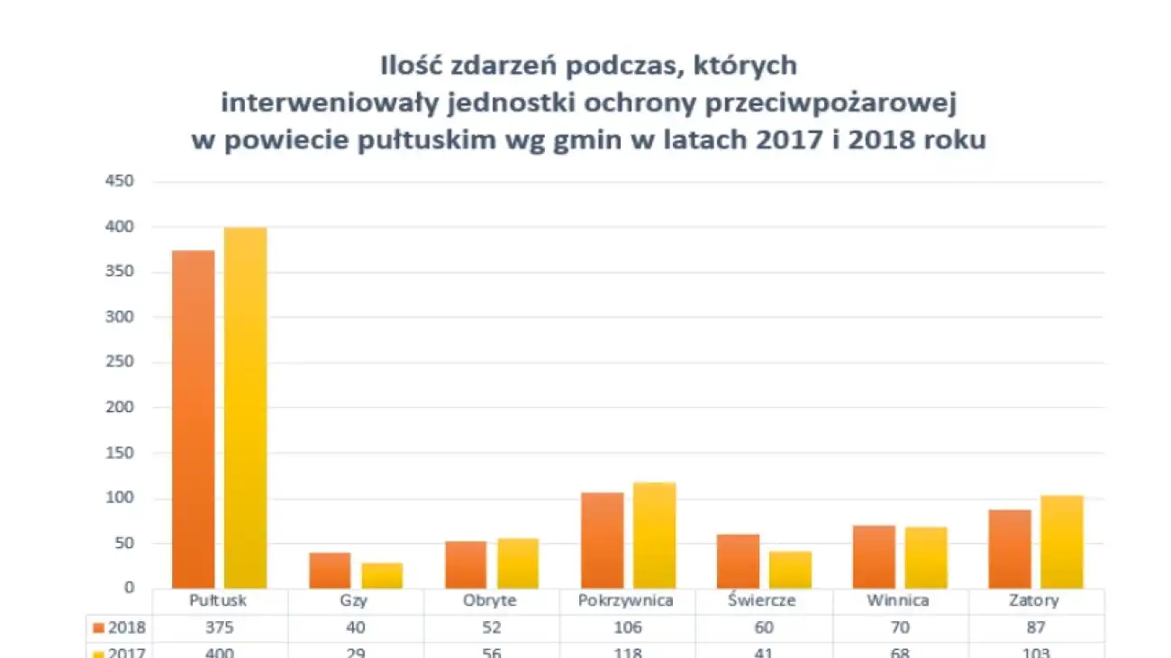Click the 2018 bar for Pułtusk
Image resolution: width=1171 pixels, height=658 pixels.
(194, 419)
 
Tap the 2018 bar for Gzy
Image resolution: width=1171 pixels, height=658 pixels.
(330, 570)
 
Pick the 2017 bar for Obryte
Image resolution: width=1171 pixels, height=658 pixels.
(518, 563)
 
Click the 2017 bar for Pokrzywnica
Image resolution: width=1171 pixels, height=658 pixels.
(654, 535)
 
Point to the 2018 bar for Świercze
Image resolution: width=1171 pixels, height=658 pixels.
(738, 561)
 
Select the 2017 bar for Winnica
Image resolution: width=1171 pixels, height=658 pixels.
(926, 557)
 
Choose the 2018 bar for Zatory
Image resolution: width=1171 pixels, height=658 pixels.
(1010, 549)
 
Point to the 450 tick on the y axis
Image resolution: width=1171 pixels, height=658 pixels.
(120, 182)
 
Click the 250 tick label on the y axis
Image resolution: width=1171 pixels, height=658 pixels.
(120, 363)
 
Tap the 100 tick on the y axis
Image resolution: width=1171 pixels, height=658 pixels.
(120, 499)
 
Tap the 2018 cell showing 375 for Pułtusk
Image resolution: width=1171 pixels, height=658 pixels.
(221, 627)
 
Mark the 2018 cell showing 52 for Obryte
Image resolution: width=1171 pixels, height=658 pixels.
(492, 627)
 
